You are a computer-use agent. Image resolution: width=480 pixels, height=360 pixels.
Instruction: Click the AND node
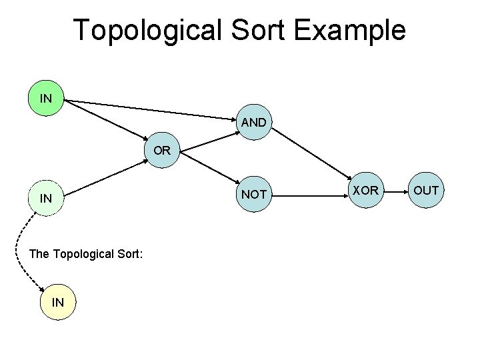253,123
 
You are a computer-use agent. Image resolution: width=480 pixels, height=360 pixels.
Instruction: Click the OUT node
425,191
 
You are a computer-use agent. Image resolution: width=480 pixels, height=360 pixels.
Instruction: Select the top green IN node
46,99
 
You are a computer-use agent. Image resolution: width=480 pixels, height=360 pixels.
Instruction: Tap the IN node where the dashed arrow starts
46,198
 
